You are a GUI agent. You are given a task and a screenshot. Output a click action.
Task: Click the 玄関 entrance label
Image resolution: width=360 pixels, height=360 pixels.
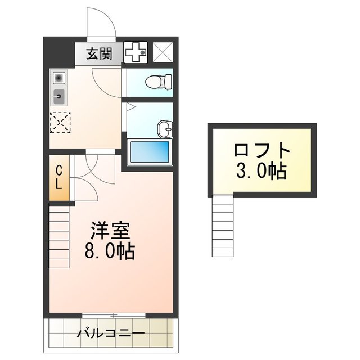(x=99, y=54)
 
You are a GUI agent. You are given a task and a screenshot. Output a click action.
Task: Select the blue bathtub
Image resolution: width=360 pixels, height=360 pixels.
(x=149, y=151)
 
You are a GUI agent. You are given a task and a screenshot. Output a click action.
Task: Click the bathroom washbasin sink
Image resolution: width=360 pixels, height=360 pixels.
(x=165, y=128)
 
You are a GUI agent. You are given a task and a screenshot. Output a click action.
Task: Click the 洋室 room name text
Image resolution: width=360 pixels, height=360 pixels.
(x=111, y=230)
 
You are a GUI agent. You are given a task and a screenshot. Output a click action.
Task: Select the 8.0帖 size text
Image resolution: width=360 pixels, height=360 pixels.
(x=111, y=251)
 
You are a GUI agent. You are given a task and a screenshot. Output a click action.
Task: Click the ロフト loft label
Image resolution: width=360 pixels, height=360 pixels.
(x=261, y=151)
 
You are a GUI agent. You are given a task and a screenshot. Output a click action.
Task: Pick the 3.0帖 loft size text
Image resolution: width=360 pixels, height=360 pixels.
(x=261, y=170)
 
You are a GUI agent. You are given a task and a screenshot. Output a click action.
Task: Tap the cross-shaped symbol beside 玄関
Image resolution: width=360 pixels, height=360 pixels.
(x=136, y=54)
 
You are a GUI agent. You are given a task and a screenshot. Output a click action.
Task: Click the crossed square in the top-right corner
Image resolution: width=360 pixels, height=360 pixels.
(x=164, y=54)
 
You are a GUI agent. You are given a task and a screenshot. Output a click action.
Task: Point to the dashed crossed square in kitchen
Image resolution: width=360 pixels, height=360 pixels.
(x=60, y=123)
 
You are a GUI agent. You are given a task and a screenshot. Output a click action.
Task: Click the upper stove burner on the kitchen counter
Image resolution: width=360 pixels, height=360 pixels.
(x=59, y=77)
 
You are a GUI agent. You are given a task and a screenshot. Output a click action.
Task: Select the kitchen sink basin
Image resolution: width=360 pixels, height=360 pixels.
(x=59, y=97)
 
